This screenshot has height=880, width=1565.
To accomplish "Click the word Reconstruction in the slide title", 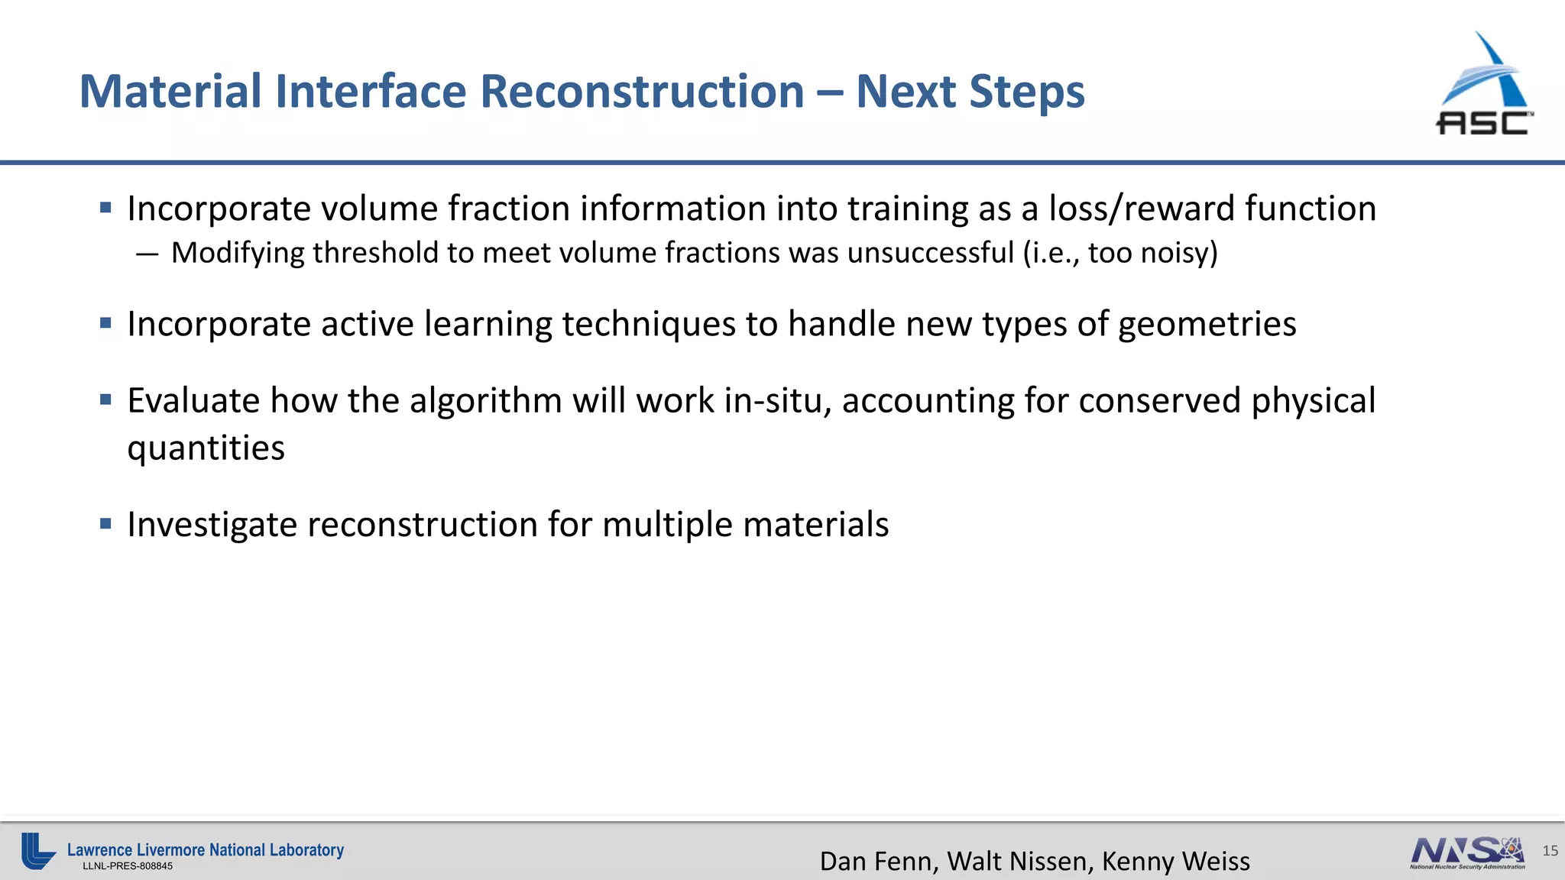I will click(642, 92).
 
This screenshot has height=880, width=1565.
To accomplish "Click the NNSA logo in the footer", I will click(1467, 852).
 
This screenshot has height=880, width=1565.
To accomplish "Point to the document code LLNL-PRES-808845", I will click(128, 866).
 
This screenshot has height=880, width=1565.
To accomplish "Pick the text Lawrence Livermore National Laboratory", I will click(206, 849).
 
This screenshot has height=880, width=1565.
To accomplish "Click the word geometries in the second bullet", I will click(1207, 325).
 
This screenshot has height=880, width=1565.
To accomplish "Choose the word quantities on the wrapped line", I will click(206, 448).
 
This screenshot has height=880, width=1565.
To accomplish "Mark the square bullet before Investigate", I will click(106, 524).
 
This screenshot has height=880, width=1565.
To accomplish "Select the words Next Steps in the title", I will click(970, 92).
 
